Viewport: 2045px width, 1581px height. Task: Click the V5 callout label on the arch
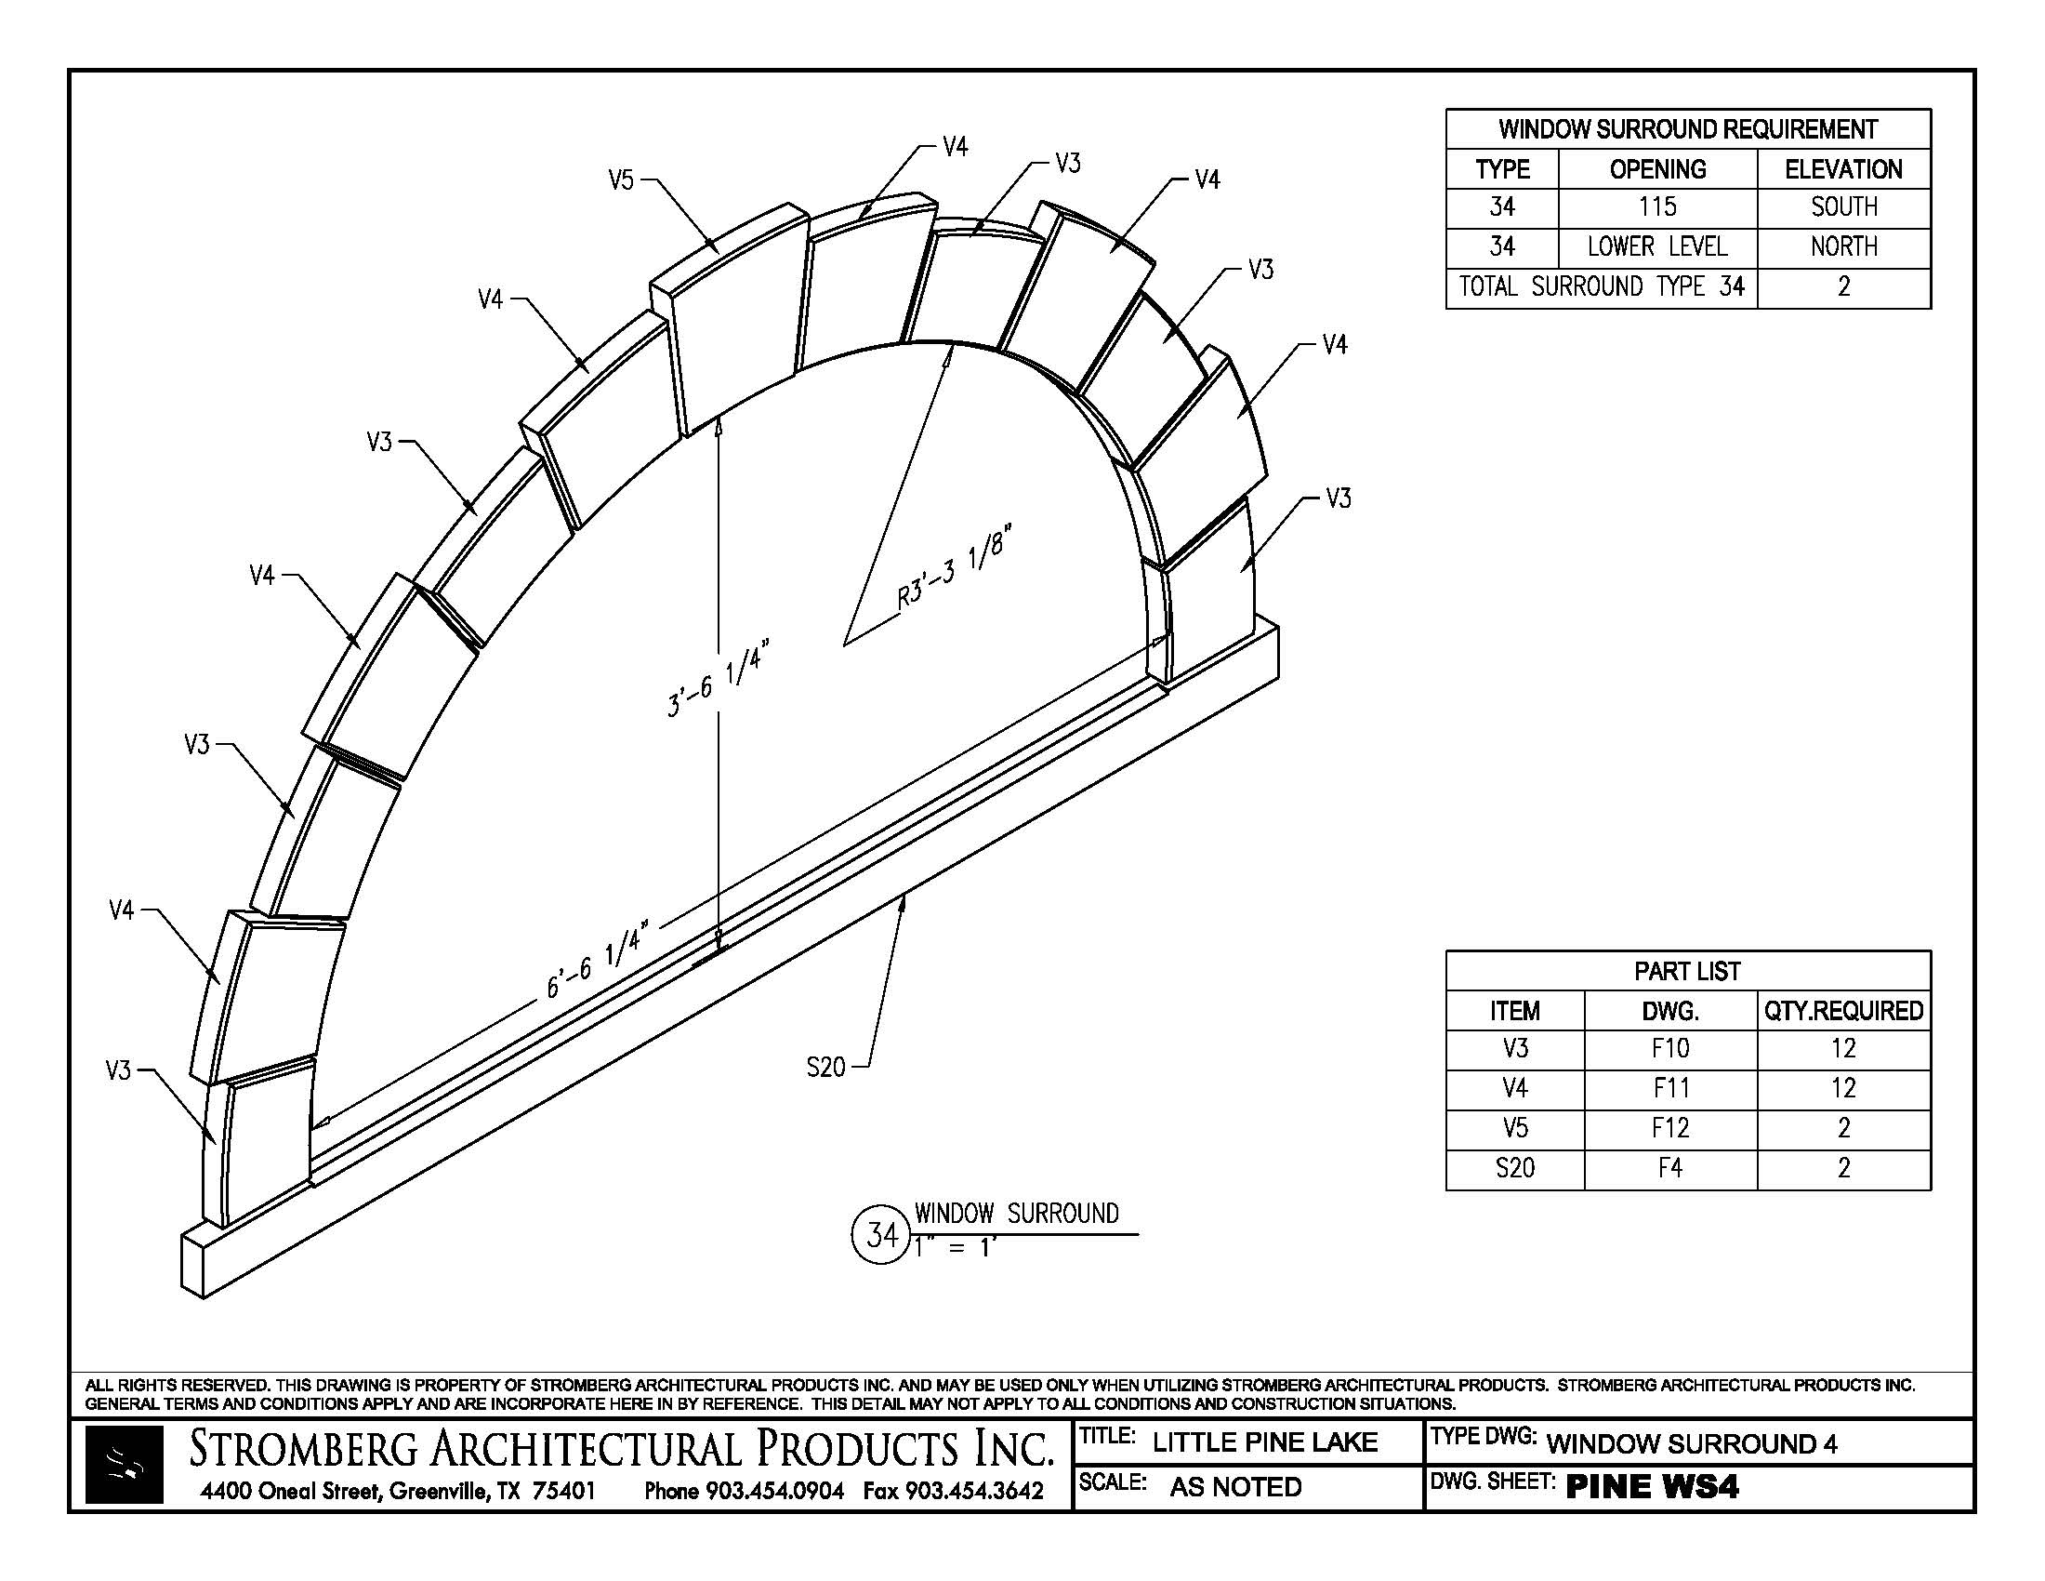pos(621,179)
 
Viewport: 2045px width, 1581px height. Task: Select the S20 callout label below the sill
pos(825,1066)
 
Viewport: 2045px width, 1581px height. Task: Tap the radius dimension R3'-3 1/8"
pos(955,570)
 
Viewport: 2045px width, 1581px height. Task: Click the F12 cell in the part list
pos(1669,1128)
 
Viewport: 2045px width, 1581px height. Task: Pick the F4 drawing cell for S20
pos(1669,1168)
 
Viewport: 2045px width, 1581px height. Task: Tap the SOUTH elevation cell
pos(1842,207)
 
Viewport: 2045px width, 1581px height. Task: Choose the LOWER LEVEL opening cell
pos(1656,247)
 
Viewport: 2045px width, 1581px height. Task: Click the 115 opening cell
pos(1656,207)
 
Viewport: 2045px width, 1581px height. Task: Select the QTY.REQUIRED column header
pos(1842,1011)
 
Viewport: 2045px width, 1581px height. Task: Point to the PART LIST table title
pos(1686,971)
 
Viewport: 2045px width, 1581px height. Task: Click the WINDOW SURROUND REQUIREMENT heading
pos(1686,129)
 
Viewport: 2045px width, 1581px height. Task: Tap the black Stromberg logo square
pos(124,1465)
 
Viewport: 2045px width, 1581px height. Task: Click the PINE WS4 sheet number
pos(1652,1487)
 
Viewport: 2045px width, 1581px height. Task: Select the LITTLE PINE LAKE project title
pos(1264,1442)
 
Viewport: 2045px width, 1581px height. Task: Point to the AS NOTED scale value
pos(1235,1487)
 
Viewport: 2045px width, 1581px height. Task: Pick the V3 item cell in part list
pos(1514,1049)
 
